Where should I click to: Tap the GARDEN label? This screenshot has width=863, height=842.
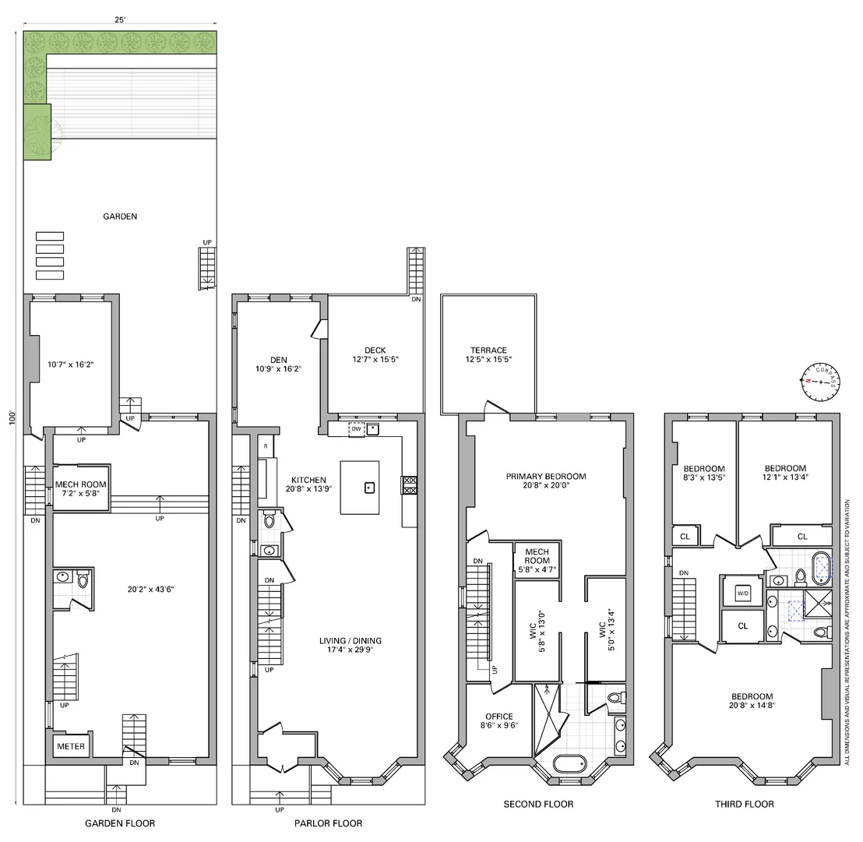[x=120, y=217]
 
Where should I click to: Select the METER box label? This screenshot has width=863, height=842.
[x=71, y=746]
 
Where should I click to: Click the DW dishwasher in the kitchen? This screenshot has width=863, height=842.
[x=357, y=428]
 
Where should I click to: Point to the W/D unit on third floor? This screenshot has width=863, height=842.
[x=743, y=594]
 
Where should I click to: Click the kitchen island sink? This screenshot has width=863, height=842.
[x=370, y=487]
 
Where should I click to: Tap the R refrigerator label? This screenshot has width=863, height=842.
[x=266, y=446]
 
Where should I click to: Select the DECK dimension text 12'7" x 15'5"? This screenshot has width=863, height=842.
[x=375, y=359]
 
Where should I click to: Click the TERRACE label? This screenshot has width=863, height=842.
[x=488, y=350]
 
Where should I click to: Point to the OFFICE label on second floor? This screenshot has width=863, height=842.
[x=499, y=717]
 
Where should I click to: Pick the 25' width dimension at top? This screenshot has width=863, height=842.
[x=120, y=19]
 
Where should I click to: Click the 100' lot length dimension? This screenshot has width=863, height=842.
[x=12, y=417]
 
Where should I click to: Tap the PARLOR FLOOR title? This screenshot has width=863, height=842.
[x=328, y=823]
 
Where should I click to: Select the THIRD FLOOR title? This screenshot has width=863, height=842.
[x=745, y=804]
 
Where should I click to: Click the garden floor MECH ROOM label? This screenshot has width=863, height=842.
[x=81, y=484]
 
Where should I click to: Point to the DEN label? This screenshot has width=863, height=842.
[x=279, y=360]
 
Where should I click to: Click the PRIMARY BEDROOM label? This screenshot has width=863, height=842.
[x=546, y=476]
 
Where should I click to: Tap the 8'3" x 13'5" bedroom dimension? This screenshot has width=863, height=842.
[x=704, y=477]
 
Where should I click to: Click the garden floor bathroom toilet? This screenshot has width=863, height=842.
[x=83, y=579]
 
